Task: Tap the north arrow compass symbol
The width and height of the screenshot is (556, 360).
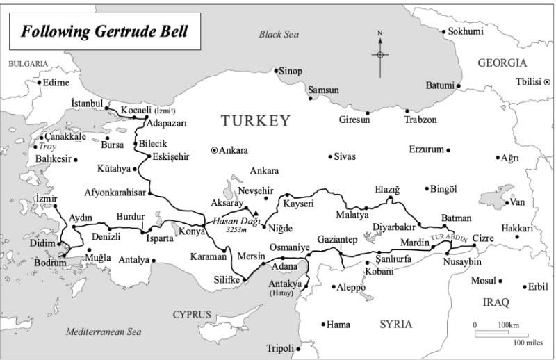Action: (380, 54)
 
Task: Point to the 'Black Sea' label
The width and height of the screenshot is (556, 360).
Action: (278, 34)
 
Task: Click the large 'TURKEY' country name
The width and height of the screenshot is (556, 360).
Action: (255, 121)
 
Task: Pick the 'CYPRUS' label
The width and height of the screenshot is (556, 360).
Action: (192, 314)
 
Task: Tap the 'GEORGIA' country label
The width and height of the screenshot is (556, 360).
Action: (502, 63)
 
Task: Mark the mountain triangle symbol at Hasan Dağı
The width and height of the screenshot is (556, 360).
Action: (256, 213)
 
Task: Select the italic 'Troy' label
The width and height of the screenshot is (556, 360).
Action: (48, 147)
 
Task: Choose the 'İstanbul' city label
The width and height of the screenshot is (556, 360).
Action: (87, 104)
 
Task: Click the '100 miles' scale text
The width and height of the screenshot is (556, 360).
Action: (529, 342)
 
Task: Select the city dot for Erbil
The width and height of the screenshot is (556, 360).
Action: (522, 286)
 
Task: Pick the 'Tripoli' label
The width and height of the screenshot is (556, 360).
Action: (281, 348)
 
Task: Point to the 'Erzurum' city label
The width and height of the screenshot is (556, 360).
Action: (426, 149)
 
